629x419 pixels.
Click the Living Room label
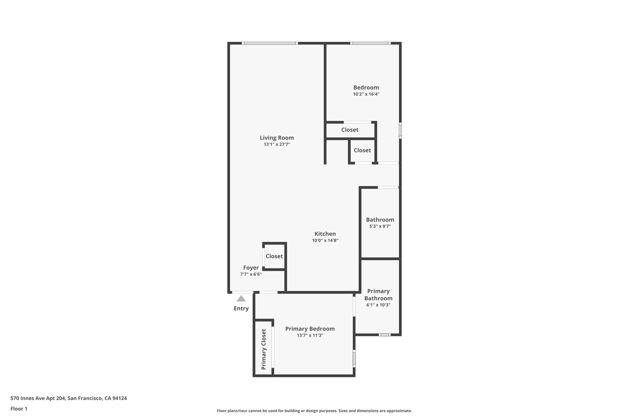coord(277,138)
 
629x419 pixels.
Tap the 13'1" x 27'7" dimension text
coord(277,144)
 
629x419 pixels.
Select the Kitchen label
coord(325,234)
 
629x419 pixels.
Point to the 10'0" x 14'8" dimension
coord(325,241)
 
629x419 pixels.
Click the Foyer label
coord(251,268)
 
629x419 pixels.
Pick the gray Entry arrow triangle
coord(241,299)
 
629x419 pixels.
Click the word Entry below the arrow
coord(241,308)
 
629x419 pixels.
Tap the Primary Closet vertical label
coord(264,349)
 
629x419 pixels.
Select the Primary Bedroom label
coord(310,329)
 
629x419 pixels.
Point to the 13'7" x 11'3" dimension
coord(310,336)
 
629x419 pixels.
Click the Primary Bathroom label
coord(378,295)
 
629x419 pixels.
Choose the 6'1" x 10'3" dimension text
coord(378,305)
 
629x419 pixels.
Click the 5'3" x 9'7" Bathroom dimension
coord(380,227)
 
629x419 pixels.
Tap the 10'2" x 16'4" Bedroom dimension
coord(366,94)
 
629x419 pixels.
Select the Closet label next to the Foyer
coord(274,256)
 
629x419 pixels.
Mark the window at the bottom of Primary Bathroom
coord(385,335)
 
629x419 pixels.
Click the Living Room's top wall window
coord(270,43)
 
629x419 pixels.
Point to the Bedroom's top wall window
coord(370,43)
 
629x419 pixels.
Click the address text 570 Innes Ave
coord(68,398)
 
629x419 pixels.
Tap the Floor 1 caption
coord(19,409)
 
